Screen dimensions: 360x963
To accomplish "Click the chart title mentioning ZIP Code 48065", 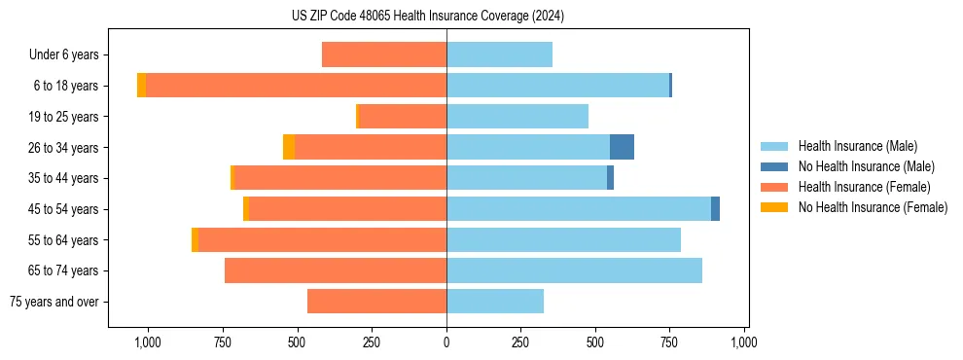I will coord(427,16).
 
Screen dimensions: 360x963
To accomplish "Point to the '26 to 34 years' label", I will coord(63,147).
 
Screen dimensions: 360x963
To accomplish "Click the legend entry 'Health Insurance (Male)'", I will coord(857,146).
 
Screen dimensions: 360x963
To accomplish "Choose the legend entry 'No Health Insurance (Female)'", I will coord(873,207).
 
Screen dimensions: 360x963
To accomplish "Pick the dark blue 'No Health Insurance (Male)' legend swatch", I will coord(775,166).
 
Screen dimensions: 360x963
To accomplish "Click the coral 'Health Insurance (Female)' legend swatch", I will coord(775,187).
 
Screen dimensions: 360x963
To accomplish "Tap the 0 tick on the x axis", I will coord(446,342).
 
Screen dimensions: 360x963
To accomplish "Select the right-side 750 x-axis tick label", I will coord(670,342).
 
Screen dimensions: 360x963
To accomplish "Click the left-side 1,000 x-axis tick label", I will coord(148,342).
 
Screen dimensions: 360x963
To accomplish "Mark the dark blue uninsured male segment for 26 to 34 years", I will coord(622,147).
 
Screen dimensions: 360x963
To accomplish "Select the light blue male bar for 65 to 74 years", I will coord(574,270).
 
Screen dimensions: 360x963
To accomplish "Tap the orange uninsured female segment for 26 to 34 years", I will coord(289,147).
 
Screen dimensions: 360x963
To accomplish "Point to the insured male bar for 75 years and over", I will coord(495,302).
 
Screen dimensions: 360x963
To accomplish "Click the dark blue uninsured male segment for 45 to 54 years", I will coord(715,209).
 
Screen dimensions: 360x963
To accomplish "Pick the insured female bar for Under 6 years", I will coord(384,54).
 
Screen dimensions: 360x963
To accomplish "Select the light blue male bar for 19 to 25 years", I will coord(517,117).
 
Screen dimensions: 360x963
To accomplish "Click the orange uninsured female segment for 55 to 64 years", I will coord(195,239).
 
